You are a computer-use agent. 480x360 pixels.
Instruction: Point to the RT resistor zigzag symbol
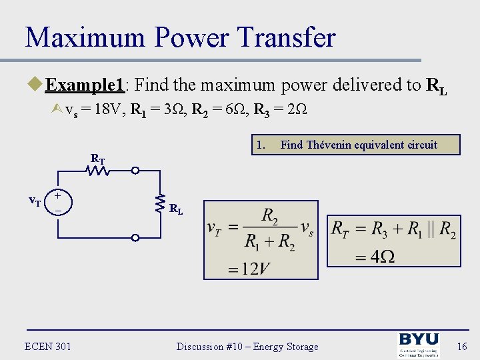98,171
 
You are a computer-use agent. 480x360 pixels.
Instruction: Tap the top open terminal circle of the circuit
135,171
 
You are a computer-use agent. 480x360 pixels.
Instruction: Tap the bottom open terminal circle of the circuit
135,237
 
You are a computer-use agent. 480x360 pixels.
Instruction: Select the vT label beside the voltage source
35,199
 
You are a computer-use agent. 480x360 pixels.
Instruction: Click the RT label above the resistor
97,159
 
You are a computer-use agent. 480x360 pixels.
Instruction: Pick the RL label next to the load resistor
176,209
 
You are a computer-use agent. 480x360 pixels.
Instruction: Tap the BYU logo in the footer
419,345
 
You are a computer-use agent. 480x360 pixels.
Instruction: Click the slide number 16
462,346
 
